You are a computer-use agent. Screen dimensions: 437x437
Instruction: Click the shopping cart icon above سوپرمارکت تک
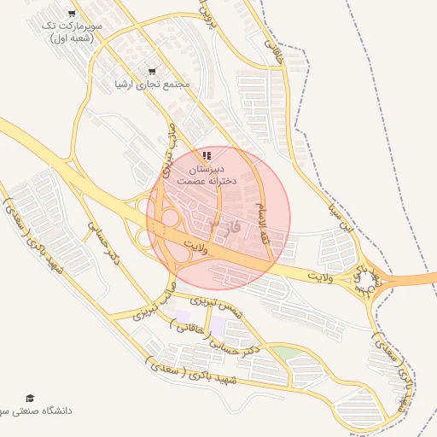(x=71, y=15)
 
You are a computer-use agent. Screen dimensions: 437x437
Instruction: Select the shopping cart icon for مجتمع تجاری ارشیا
(x=152, y=72)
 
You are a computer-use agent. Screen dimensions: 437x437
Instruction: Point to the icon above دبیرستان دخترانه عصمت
(x=207, y=155)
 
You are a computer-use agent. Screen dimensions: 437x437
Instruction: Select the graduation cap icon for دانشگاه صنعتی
(x=31, y=398)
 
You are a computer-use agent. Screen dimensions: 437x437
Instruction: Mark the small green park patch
(x=288, y=353)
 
